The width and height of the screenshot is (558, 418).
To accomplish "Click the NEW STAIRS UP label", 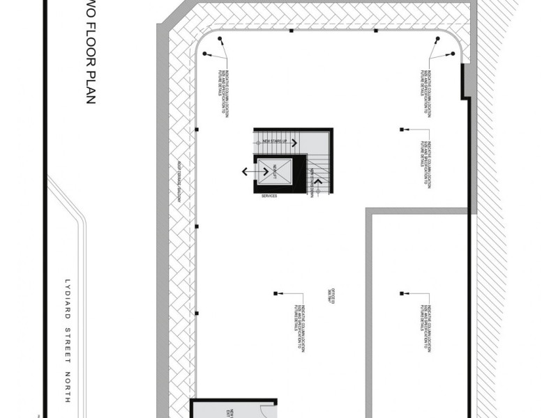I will point(275,141).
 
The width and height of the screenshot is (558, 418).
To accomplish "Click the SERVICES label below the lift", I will point(269,196).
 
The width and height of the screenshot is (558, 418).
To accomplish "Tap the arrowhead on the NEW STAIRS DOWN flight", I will point(319,181).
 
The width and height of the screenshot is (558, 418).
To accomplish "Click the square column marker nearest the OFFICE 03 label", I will point(276,293).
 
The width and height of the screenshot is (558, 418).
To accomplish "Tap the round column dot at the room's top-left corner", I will point(219,39).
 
